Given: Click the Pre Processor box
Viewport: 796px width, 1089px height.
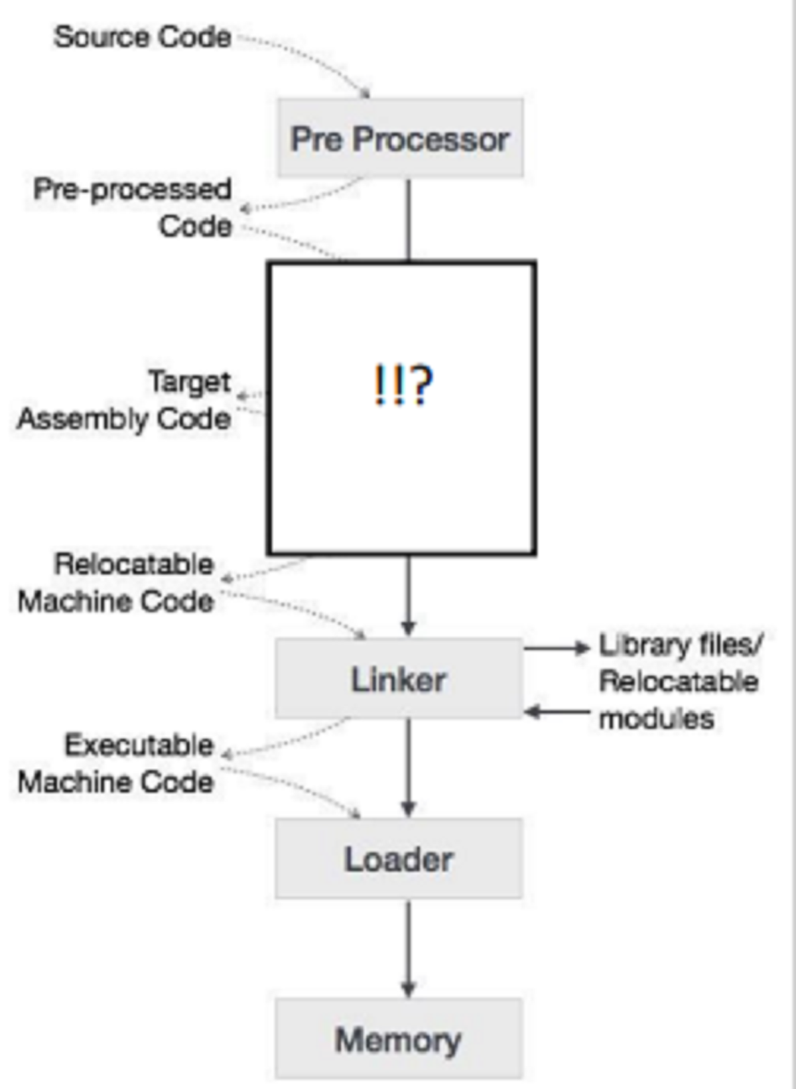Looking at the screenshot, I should tap(400, 138).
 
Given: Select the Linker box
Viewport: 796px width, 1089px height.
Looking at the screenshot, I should tap(399, 678).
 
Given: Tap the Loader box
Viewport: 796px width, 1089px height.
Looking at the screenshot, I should tap(399, 859).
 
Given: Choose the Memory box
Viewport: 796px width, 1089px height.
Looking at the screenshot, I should tap(399, 1039).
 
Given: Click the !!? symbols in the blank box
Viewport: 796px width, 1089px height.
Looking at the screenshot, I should tap(403, 385).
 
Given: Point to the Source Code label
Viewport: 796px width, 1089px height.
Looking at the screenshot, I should tap(142, 36).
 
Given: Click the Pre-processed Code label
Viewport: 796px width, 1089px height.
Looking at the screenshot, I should tap(133, 207).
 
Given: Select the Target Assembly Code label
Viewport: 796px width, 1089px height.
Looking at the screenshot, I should tap(125, 400).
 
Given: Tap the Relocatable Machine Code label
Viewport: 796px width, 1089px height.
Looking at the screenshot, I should tap(117, 582).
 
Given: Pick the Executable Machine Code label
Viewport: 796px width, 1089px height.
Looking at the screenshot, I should tap(117, 763).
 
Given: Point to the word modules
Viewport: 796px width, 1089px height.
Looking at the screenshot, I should tap(656, 718).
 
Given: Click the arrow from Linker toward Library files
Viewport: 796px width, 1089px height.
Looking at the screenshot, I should tap(557, 648).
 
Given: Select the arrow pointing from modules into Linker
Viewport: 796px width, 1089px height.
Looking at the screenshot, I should tap(557, 712).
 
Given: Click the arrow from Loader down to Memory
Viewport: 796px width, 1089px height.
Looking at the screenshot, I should tap(409, 948).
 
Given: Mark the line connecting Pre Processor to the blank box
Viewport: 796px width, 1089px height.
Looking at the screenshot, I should tap(409, 219).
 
